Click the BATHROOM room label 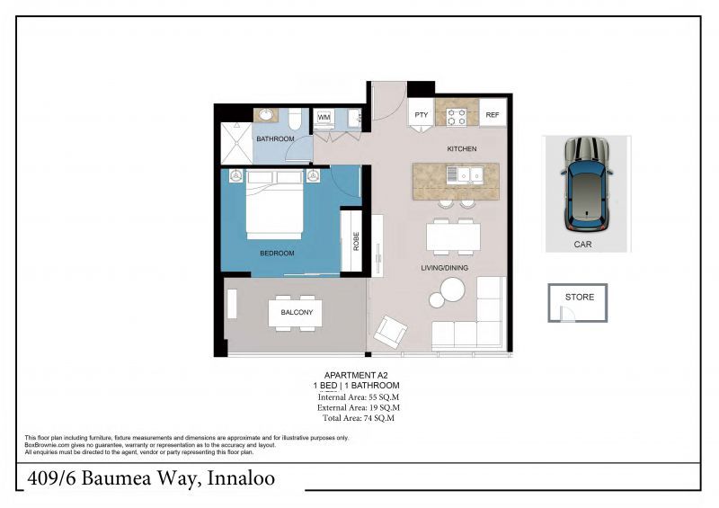point(275,139)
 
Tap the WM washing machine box point(324,117)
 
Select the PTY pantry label point(422,115)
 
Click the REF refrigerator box point(493,115)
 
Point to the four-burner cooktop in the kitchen point(457,115)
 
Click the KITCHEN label point(461,148)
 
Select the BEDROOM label point(277,254)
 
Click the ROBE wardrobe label point(356,241)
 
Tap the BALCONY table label point(296,313)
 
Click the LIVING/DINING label point(445,268)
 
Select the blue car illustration point(586,183)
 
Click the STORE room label point(580,297)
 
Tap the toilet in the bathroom point(295,120)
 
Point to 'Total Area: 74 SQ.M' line point(357,418)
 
